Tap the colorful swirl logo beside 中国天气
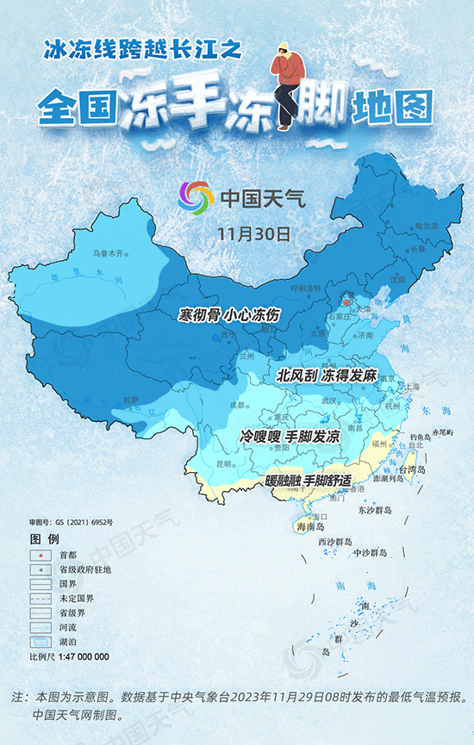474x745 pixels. coord(196,198)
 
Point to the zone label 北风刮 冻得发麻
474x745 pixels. coord(327,376)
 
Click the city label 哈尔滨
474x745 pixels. coord(427,226)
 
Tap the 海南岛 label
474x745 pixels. coord(309,526)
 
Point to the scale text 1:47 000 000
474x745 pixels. coord(83,656)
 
